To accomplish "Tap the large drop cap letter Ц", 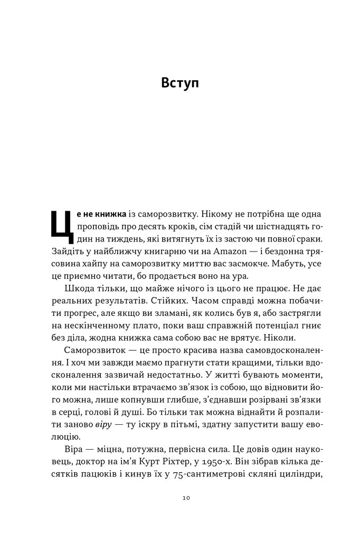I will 59,225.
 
